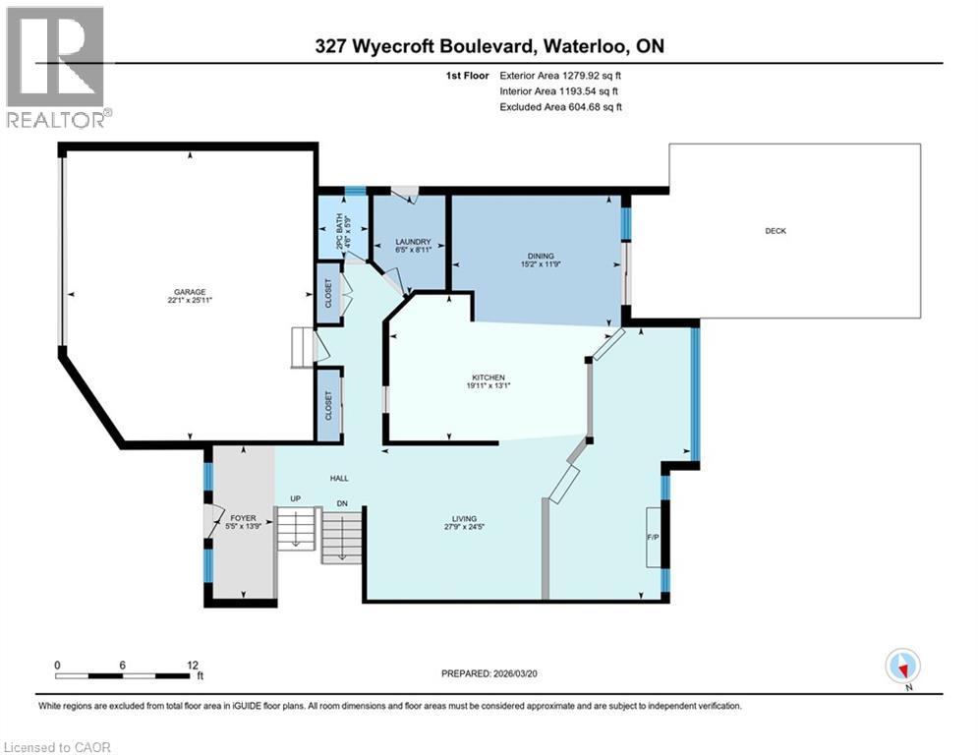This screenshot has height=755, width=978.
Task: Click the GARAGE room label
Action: (191, 291)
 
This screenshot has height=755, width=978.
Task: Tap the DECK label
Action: (776, 231)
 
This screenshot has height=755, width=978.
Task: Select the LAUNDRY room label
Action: (408, 242)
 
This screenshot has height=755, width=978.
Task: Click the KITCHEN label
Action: (489, 377)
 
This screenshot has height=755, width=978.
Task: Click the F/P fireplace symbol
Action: (652, 537)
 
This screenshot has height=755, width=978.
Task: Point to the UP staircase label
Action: (294, 499)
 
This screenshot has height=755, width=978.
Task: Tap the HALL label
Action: (339, 479)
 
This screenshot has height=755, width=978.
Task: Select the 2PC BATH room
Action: (341, 236)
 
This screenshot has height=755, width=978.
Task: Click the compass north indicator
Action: (901, 666)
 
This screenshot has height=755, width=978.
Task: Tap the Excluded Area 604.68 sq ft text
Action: (560, 106)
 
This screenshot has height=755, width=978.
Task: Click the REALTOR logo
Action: (55, 67)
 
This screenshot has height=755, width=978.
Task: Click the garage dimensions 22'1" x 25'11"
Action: (191, 300)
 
